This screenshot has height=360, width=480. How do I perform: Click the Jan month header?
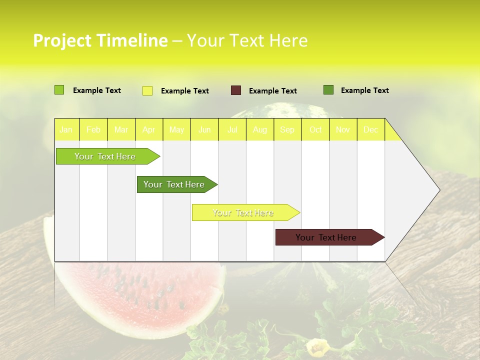66,129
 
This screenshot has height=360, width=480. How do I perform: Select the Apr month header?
148,129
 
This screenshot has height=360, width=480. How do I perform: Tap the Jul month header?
232,129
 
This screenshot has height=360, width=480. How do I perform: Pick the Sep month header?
287,129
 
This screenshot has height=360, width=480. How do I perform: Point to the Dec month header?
370,129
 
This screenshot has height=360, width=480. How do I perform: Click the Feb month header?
93,129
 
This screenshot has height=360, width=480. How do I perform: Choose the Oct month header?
315,129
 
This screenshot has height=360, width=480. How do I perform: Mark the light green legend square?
59,90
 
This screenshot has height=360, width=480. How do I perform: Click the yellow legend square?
147,90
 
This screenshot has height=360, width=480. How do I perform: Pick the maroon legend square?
236,90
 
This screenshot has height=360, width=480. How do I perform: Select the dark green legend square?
328,90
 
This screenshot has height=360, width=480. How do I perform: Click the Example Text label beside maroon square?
272,90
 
